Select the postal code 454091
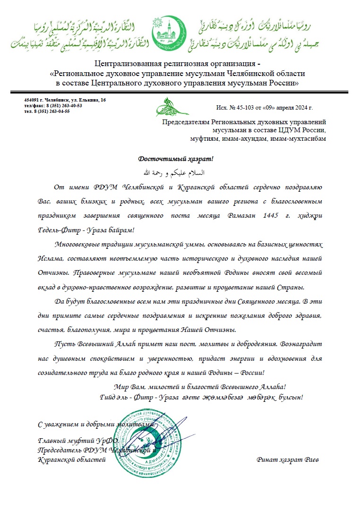click(31, 100)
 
